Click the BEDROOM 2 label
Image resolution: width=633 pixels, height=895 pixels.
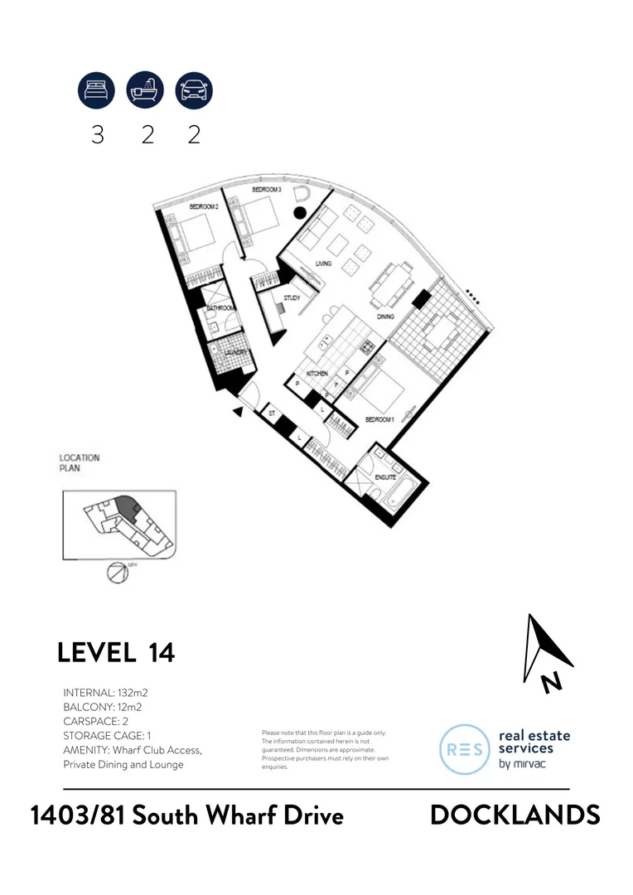click(x=203, y=206)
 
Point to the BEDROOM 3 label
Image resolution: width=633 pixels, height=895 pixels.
click(x=267, y=190)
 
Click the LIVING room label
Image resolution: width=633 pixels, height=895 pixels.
click(x=322, y=264)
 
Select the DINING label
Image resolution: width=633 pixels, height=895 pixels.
click(x=385, y=317)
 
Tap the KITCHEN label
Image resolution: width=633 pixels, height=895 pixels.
click(x=318, y=374)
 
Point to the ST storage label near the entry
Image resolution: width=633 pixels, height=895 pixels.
click(x=271, y=412)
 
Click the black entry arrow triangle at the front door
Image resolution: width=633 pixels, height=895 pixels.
click(x=239, y=410)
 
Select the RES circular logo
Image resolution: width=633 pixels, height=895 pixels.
click(x=465, y=749)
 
